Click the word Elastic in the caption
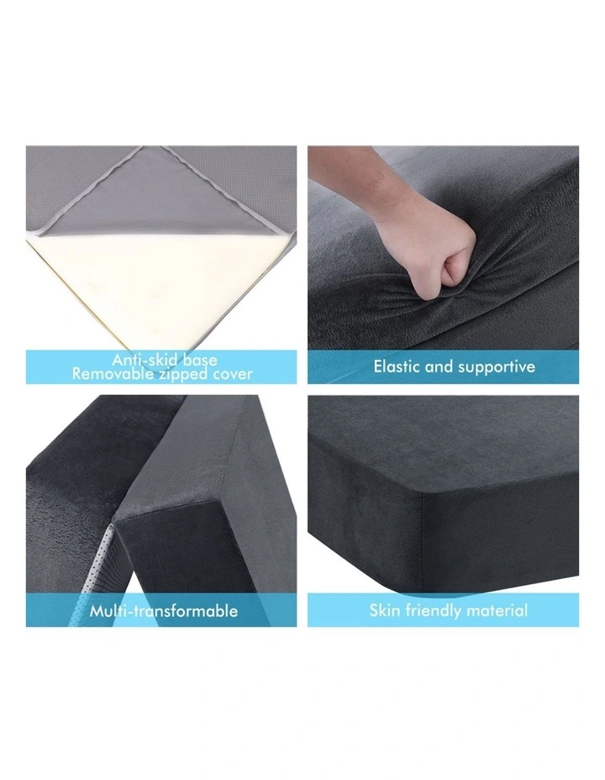click(399, 366)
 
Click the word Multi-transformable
click(163, 611)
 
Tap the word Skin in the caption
click(386, 610)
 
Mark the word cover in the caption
click(229, 373)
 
